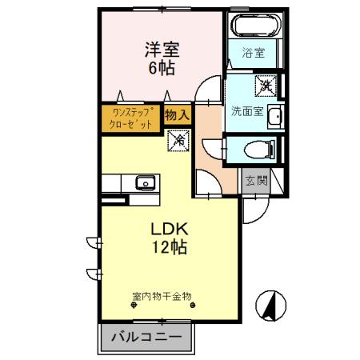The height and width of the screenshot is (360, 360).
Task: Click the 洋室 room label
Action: pos(162,49)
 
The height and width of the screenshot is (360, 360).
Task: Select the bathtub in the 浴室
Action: pos(257,26)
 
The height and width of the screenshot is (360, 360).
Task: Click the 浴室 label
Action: pos(255,54)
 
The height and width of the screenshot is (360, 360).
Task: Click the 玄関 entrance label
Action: pos(255,180)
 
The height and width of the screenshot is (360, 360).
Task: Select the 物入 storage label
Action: pos(177,114)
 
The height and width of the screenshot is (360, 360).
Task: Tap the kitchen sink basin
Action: pos(145,182)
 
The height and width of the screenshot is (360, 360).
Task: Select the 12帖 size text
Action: pos(169,248)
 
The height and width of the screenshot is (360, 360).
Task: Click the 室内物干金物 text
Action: pos(162,295)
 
